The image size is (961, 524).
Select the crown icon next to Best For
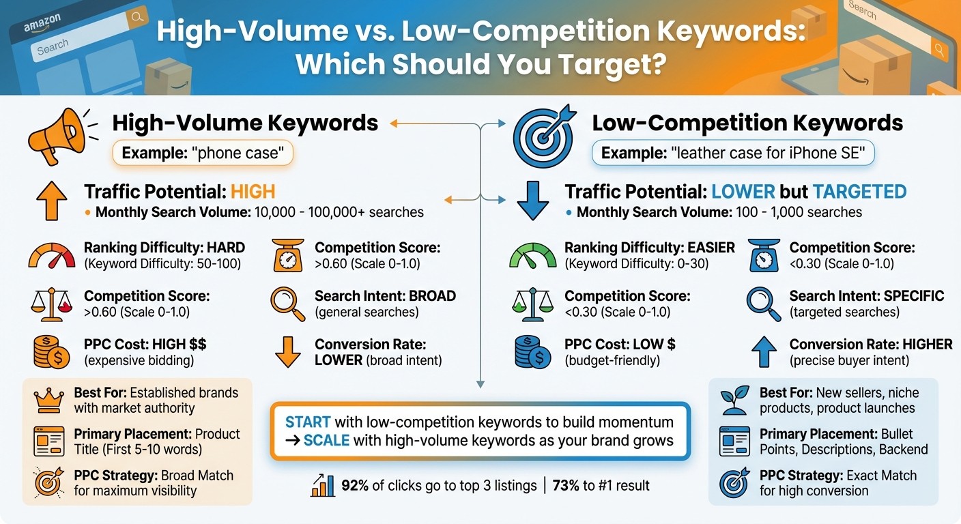(x=48, y=401)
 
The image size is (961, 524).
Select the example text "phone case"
(x=238, y=153)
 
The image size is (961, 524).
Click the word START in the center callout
(x=308, y=422)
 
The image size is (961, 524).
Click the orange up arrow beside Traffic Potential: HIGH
(x=51, y=201)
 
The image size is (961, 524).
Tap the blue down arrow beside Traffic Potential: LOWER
(x=532, y=201)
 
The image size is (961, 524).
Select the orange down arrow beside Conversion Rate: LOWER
(x=287, y=351)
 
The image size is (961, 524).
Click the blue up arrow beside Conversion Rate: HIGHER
(x=763, y=351)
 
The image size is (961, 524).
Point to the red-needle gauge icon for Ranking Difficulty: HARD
(x=52, y=257)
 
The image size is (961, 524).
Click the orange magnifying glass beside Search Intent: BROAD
(x=287, y=304)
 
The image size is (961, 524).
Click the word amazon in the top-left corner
(x=42, y=25)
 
